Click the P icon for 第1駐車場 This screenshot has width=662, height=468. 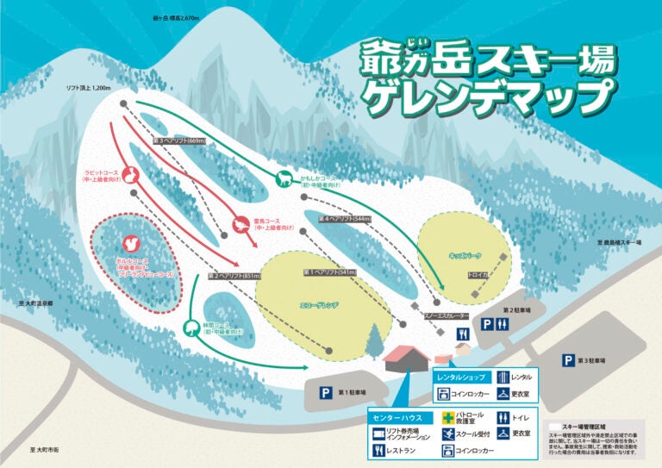pyautogui.click(x=327, y=392)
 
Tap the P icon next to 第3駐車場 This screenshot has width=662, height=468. pyautogui.click(x=569, y=360)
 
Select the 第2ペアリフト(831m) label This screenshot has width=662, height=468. pyautogui.click(x=234, y=277)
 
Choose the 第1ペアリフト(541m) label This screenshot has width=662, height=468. pyautogui.click(x=330, y=272)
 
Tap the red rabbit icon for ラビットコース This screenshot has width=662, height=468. pyautogui.click(x=132, y=177)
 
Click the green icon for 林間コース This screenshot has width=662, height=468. pyautogui.click(x=190, y=327)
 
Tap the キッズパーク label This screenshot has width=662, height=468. pyautogui.click(x=464, y=256)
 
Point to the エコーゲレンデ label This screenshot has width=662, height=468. pyautogui.click(x=319, y=306)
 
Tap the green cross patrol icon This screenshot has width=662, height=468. pyautogui.click(x=448, y=417)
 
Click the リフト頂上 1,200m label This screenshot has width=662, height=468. pyautogui.click(x=90, y=88)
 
